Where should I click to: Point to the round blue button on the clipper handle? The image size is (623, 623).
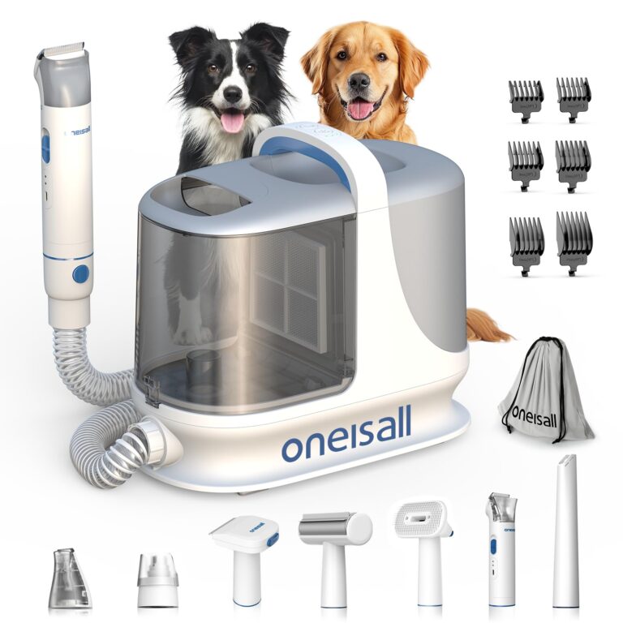coord(80,274)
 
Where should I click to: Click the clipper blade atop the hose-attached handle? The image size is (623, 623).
coord(62,50)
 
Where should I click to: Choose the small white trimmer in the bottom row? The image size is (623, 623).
coord(501,547)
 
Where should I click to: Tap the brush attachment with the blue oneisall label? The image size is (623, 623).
coord(244,552)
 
